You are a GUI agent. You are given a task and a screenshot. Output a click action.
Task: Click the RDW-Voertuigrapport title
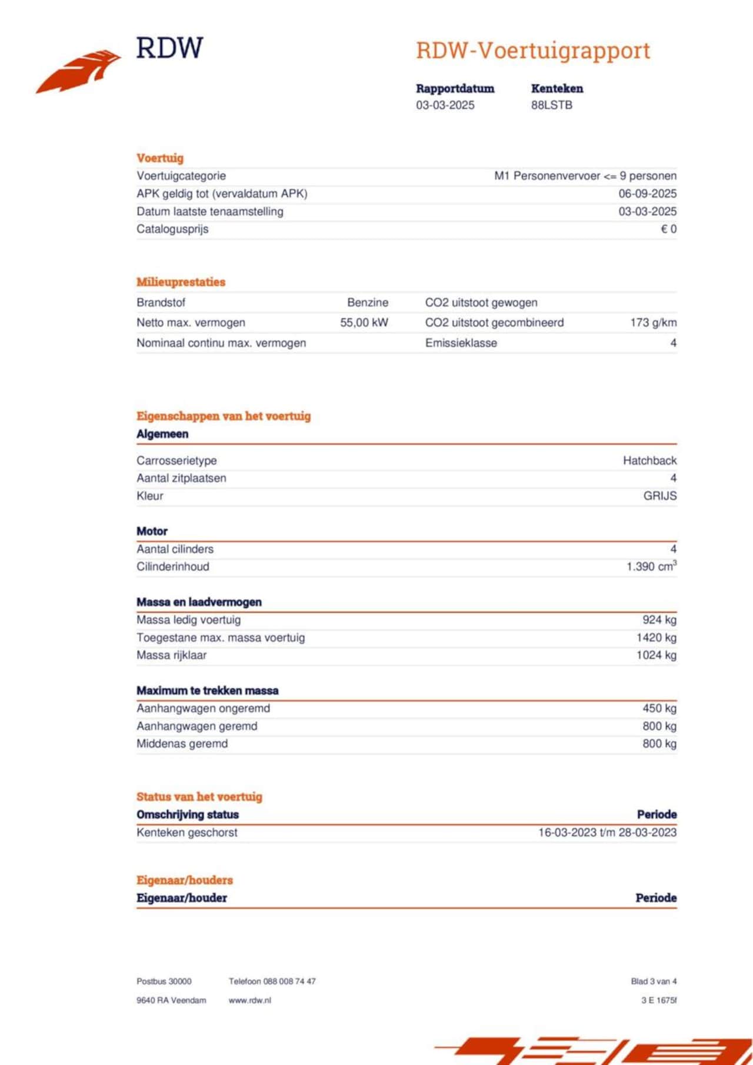[533, 51]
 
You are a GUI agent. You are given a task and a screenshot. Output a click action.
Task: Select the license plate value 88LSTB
[551, 105]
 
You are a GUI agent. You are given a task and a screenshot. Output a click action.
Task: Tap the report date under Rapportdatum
[445, 105]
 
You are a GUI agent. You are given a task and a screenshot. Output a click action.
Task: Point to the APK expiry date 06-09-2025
[647, 193]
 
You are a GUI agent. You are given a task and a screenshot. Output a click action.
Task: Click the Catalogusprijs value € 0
[668, 229]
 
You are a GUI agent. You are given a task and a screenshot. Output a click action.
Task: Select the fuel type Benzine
[368, 303]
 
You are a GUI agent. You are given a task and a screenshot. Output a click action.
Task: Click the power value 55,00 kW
[364, 323]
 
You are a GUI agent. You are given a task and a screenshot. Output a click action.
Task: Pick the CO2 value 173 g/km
[653, 323]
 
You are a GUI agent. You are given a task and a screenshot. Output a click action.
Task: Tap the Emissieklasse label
[461, 343]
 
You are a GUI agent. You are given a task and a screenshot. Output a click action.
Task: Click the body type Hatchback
[649, 461]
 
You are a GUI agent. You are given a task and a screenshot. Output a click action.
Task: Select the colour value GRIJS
[659, 496]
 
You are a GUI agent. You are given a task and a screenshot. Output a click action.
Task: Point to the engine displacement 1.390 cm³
[651, 567]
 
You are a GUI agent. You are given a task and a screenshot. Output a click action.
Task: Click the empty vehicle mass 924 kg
[659, 620]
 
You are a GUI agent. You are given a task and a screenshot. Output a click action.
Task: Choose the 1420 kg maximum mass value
[656, 638]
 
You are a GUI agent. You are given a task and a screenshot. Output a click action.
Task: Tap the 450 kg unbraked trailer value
[659, 708]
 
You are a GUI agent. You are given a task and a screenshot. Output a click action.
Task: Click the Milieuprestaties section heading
[181, 282]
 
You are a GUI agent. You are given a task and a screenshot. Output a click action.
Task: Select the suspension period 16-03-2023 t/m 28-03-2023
[607, 832]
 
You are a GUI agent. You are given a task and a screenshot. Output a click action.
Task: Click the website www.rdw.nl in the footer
[249, 1000]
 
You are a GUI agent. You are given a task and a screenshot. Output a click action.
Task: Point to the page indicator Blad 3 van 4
[654, 982]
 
